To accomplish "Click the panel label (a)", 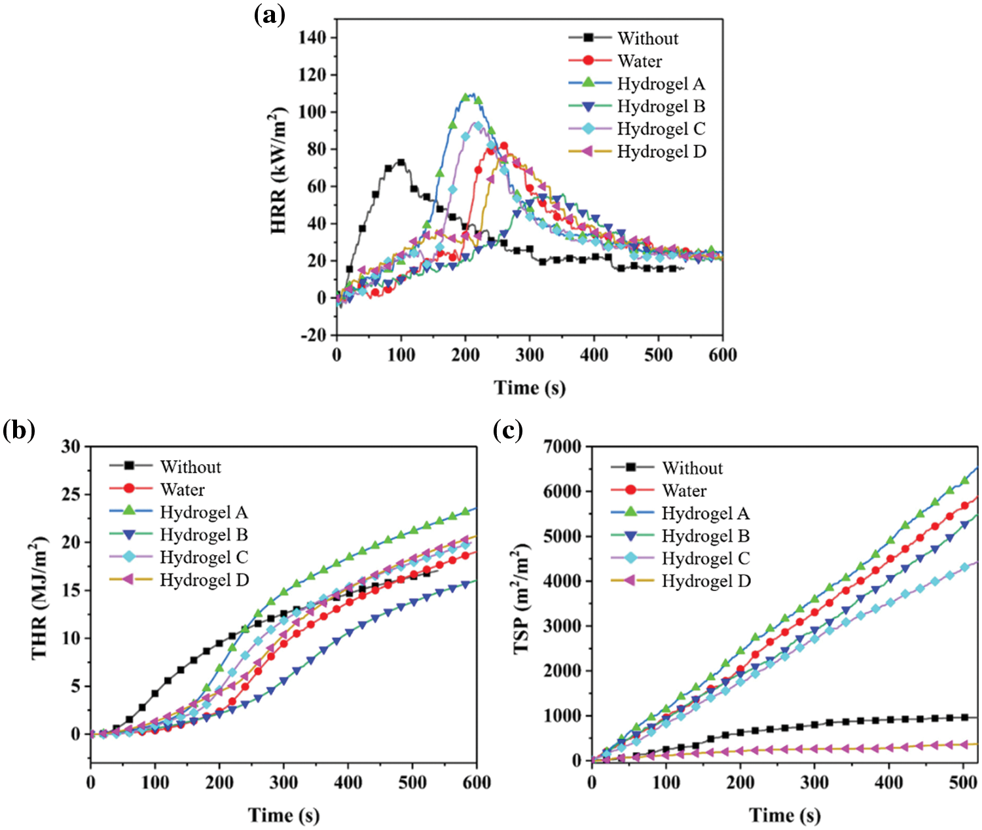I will [269, 14].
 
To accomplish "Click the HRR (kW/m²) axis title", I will [279, 170].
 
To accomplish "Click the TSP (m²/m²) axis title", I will [522, 602].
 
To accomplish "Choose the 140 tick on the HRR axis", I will [312, 38].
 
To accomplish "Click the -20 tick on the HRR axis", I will [312, 335].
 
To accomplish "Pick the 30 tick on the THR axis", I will [71, 446].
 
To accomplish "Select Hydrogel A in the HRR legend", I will [661, 84].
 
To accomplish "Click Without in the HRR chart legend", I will [647, 39].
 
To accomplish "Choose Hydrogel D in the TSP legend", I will [706, 581].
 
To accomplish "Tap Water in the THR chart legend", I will [182, 490].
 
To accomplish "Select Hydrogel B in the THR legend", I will [204, 535].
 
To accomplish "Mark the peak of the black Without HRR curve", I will [401, 162].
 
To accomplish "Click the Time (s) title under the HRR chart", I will [529, 388].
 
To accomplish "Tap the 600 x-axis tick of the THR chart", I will [476, 782].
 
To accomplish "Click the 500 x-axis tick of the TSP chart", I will [963, 782].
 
